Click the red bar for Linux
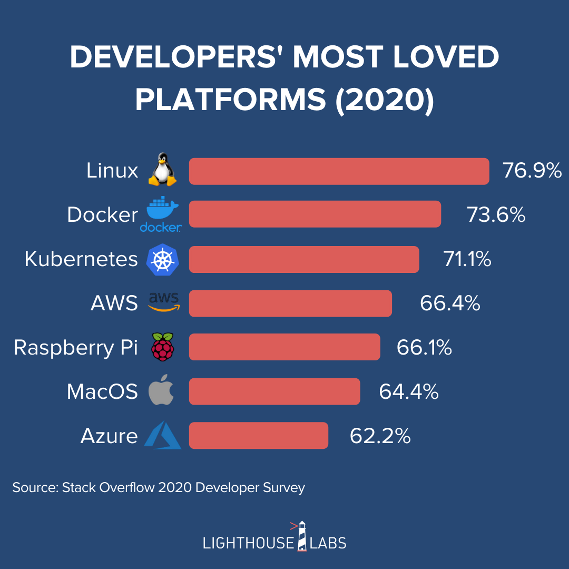[x=339, y=171]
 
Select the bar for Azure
[x=258, y=436]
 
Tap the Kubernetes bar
[x=304, y=259]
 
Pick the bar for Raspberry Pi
[x=284, y=347]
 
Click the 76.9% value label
[x=532, y=171]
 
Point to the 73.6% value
[x=496, y=215]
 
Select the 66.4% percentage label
[x=450, y=303]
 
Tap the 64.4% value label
[x=408, y=391]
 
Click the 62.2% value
[x=380, y=436]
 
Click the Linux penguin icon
[x=162, y=170]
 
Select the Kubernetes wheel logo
[x=162, y=259]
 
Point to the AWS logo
[x=164, y=302]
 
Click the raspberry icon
[x=162, y=347]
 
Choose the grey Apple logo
[x=161, y=391]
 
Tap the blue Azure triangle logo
[x=163, y=436]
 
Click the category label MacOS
[x=102, y=392]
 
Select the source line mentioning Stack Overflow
[x=159, y=487]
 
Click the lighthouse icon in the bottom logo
[x=302, y=536]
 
